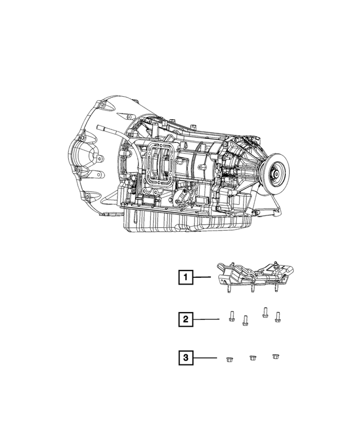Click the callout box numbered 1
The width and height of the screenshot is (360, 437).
[x=185, y=277]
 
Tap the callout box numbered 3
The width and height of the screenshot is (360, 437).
[x=185, y=357]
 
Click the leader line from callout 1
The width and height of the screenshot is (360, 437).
[x=202, y=277]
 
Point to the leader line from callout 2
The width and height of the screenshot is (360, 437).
[x=206, y=319]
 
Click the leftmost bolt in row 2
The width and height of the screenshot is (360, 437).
[x=231, y=317]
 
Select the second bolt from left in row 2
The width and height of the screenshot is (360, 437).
[x=245, y=321]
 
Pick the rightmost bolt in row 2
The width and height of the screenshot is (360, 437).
[x=277, y=317]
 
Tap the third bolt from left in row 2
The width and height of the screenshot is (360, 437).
[x=264, y=313]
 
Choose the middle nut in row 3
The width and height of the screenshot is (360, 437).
[x=253, y=358]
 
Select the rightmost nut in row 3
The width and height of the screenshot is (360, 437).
[x=275, y=357]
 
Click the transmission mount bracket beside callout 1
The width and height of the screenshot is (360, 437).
[x=253, y=276]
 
